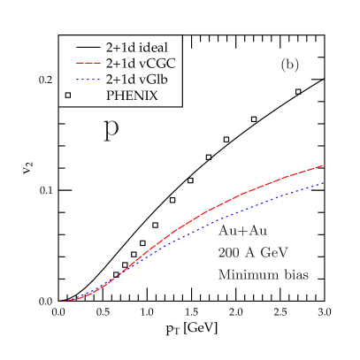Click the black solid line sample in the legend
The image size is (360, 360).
(87, 47)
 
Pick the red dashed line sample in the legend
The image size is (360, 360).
(87, 63)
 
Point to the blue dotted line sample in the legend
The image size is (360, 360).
(87, 79)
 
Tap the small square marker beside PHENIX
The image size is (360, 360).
(68, 95)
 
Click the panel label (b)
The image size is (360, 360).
(289, 65)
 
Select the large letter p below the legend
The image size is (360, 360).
(111, 128)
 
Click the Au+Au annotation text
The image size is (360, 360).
(242, 231)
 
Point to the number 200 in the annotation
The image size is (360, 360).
(230, 252)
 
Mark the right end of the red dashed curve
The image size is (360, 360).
(325, 165)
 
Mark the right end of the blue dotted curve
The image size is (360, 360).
(325, 182)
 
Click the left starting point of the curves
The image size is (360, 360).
(60, 302)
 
